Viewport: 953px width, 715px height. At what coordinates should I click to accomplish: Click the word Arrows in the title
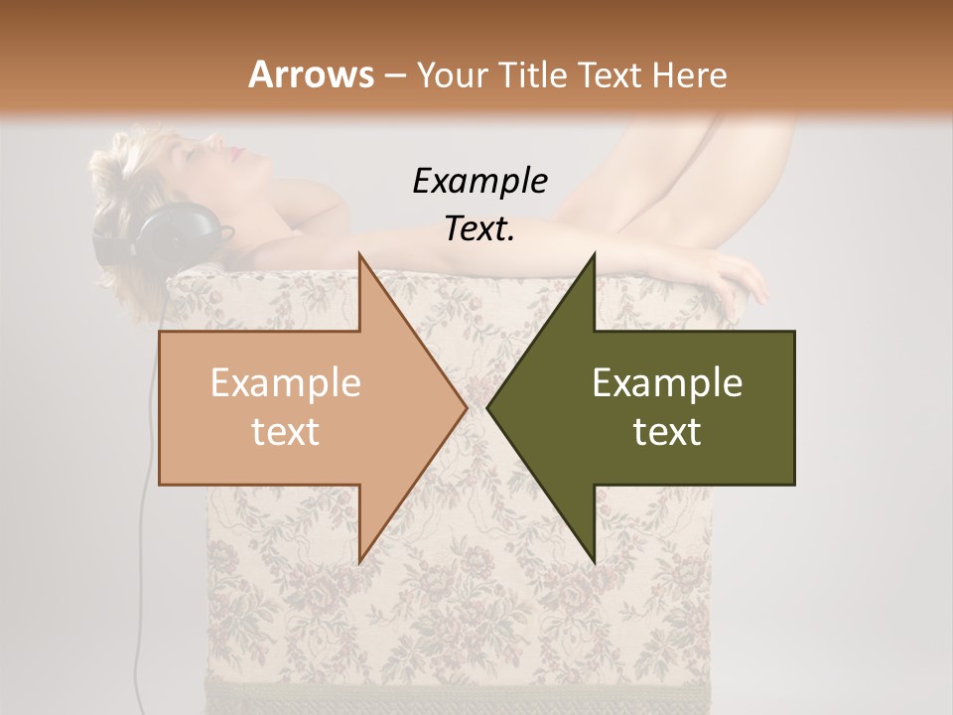(310, 74)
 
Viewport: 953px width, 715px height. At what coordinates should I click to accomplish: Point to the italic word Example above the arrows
(479, 181)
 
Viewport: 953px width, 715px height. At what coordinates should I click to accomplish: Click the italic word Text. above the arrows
(479, 228)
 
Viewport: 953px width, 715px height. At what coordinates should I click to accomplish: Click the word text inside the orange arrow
(285, 432)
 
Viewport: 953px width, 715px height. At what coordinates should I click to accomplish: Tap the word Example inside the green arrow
(667, 383)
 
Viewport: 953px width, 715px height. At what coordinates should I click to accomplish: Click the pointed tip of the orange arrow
(462, 407)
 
